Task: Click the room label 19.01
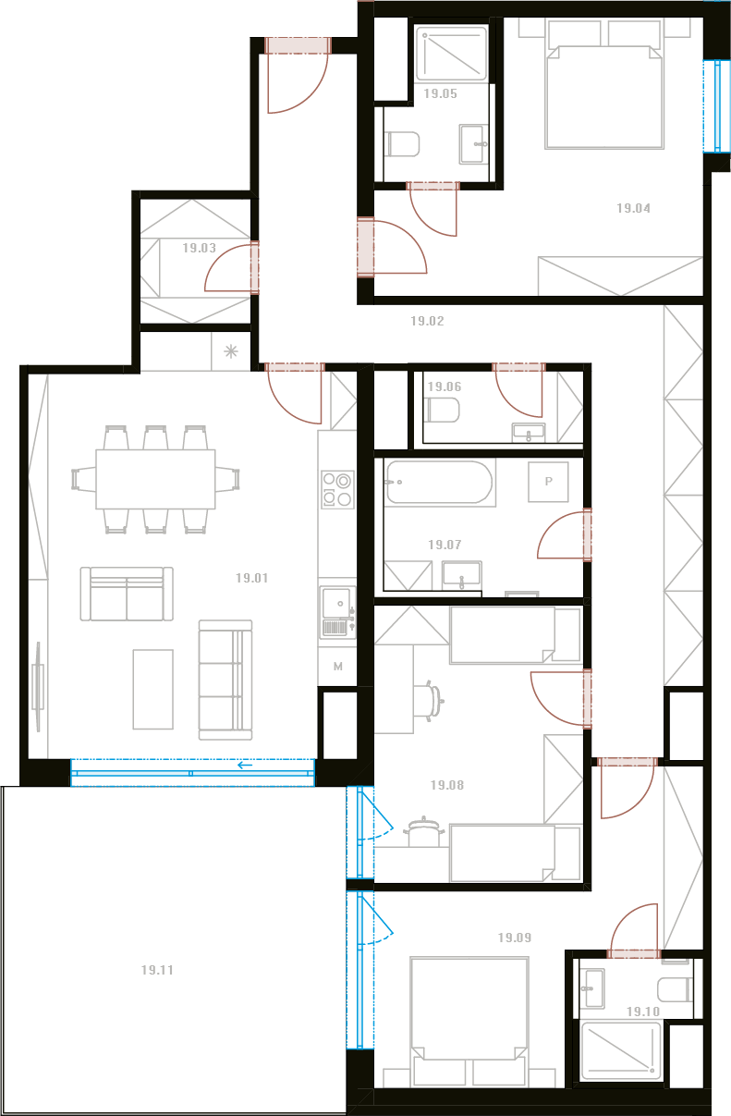[x=251, y=578]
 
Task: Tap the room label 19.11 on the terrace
[x=157, y=970]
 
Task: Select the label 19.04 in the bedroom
[x=633, y=208]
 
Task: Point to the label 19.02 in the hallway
[x=427, y=321]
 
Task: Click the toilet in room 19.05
[x=403, y=144]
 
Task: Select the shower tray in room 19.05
[x=451, y=54]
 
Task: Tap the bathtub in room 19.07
[x=439, y=483]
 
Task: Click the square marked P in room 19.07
[x=548, y=482]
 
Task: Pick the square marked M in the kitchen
[x=337, y=667]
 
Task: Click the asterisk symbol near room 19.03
[x=230, y=351]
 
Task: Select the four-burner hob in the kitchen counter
[x=337, y=490]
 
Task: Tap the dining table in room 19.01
[x=155, y=479]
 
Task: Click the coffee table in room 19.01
[x=152, y=690]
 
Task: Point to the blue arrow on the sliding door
[x=245, y=766]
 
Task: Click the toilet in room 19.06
[x=442, y=411]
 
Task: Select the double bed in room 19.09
[x=469, y=1022]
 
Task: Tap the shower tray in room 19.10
[x=621, y=1051]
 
